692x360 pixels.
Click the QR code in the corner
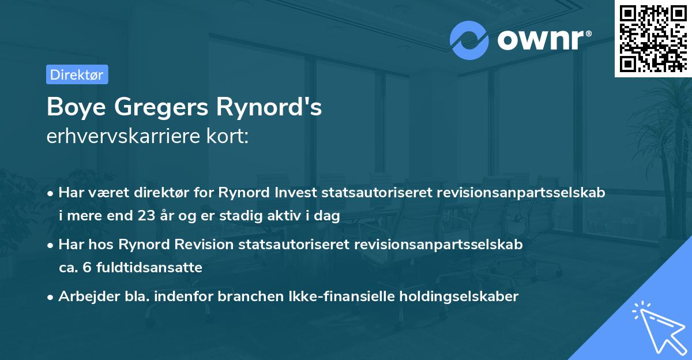653,38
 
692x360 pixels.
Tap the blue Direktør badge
77,74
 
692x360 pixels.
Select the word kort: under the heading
230,137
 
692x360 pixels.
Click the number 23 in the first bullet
143,216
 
